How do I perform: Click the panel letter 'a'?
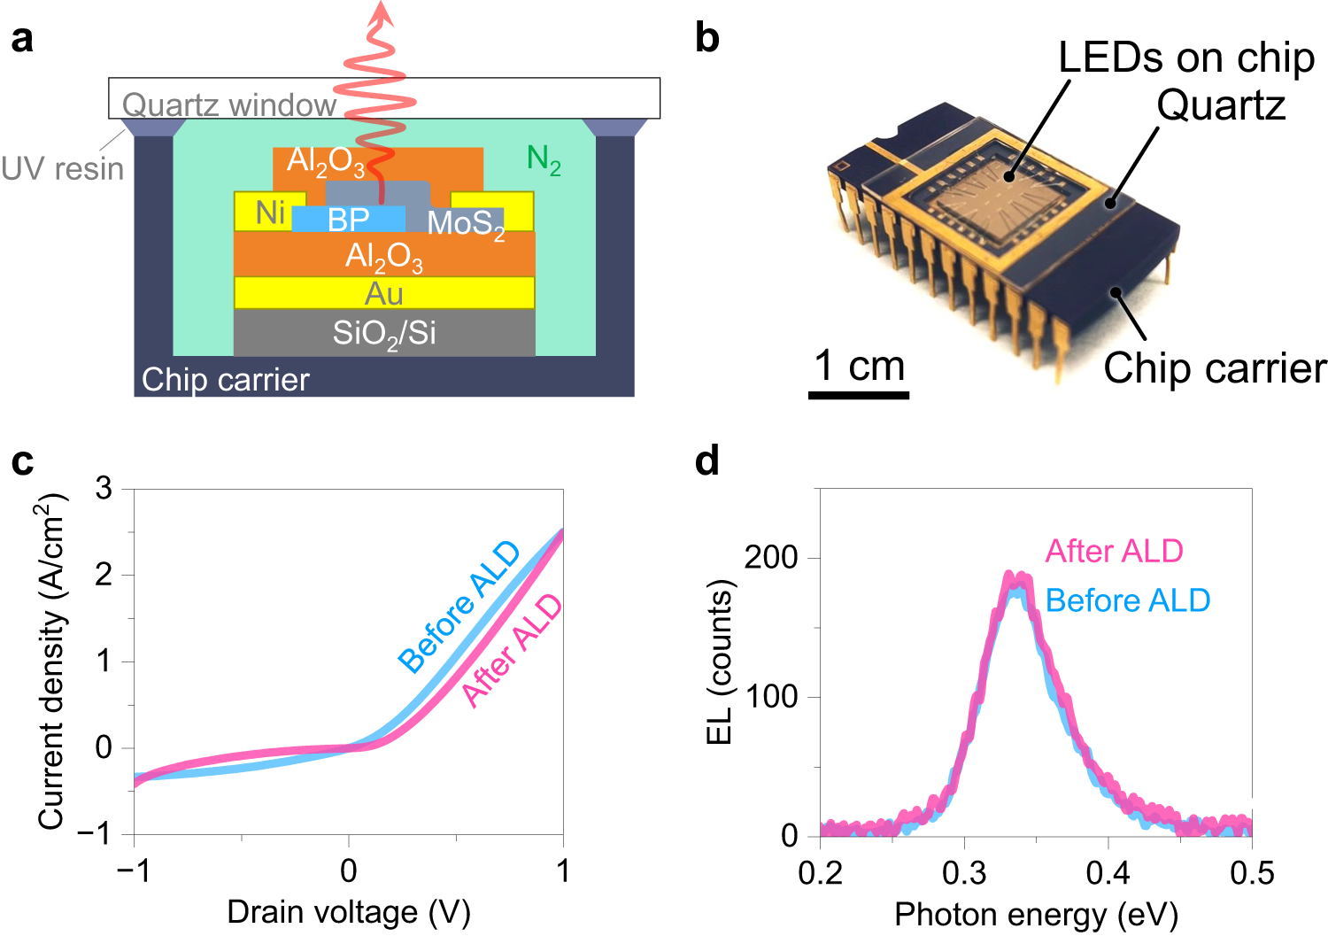pyautogui.click(x=22, y=40)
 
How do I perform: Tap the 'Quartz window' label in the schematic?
pyautogui.click(x=228, y=104)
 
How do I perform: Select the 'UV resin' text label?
pyautogui.click(x=62, y=168)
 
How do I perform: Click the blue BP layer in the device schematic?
pyautogui.click(x=348, y=219)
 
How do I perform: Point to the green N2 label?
pyautogui.click(x=544, y=159)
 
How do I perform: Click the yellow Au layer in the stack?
pyautogui.click(x=383, y=293)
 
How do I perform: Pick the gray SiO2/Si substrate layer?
pyautogui.click(x=383, y=333)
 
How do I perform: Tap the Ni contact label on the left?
pyautogui.click(x=270, y=213)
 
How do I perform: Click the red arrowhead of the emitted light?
pyautogui.click(x=382, y=11)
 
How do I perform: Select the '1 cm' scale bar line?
pyautogui.click(x=858, y=395)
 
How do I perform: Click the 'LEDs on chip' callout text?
pyautogui.click(x=1186, y=58)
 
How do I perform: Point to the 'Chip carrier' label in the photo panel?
pyautogui.click(x=1214, y=367)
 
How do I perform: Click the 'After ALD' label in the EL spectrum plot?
pyautogui.click(x=1114, y=551)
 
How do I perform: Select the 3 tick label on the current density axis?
pyautogui.click(x=104, y=488)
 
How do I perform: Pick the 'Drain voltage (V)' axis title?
pyautogui.click(x=348, y=911)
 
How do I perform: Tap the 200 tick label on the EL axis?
pyautogui.click(x=770, y=557)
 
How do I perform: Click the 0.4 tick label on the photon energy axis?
pyautogui.click(x=1108, y=873)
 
